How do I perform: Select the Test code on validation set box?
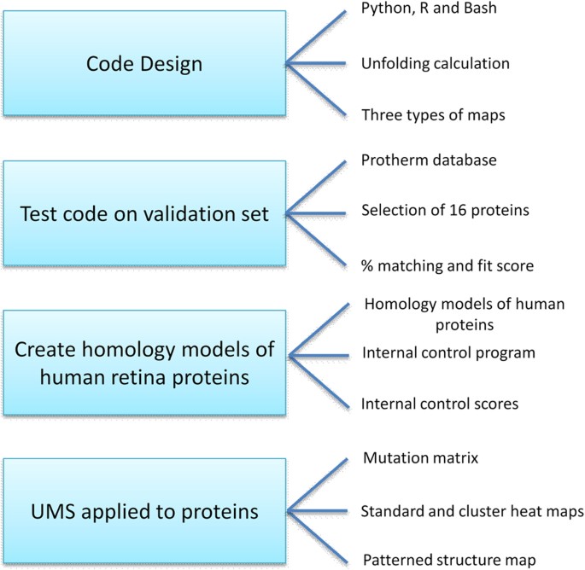coord(145,214)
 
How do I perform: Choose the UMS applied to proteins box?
coord(145,512)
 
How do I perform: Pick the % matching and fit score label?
coord(448,265)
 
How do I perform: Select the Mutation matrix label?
coord(420,459)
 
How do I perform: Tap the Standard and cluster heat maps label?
coord(472,511)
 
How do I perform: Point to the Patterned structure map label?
coord(449,560)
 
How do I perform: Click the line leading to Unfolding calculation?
coord(316,63)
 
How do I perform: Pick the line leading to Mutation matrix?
coord(316,486)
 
